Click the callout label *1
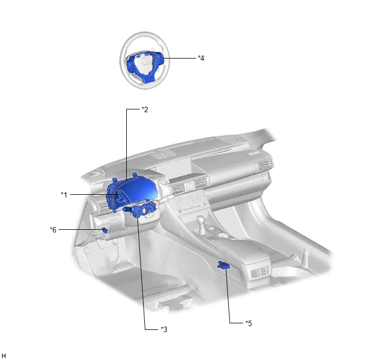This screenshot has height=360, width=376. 64,194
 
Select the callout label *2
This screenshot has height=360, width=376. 145,109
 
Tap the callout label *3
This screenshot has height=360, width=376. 164,329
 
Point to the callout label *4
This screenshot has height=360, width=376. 201,58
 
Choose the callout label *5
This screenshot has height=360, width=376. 249,323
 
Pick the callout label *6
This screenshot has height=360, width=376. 53,230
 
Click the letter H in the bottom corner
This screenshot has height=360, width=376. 4,356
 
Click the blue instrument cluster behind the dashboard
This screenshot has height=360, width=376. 131,191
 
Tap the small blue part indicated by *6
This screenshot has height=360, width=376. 105,230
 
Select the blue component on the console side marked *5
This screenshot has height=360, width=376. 224,265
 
